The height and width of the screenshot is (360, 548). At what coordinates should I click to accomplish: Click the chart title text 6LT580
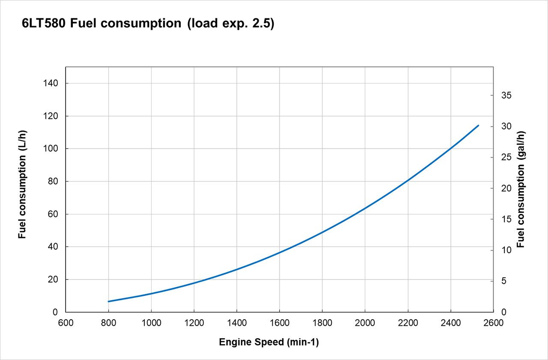(x=43, y=24)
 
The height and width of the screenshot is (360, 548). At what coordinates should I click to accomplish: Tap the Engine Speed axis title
(x=269, y=342)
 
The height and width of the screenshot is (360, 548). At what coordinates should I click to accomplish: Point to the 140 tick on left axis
(x=51, y=83)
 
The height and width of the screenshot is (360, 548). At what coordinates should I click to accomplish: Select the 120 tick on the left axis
(x=51, y=116)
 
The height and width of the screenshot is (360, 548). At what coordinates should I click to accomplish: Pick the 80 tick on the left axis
(x=52, y=181)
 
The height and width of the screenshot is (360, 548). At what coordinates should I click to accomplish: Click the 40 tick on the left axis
(x=52, y=247)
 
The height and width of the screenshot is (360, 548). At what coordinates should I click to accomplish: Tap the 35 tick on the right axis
(x=506, y=95)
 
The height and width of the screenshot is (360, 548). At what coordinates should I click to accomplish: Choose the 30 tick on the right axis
(x=506, y=126)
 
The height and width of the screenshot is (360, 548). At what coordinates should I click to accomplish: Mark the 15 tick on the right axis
(x=506, y=219)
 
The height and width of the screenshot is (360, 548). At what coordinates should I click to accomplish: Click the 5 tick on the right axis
(x=504, y=281)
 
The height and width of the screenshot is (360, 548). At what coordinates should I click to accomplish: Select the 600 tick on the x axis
(x=66, y=323)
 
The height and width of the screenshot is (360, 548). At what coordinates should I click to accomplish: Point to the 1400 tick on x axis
(x=237, y=323)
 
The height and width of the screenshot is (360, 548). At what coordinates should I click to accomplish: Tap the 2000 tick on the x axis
(x=365, y=323)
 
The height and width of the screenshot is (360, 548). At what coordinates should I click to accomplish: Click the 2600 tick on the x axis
(x=494, y=323)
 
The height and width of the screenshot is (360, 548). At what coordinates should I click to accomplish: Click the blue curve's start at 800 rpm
(x=109, y=301)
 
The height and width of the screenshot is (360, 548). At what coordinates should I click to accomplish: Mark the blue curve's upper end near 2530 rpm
(x=478, y=125)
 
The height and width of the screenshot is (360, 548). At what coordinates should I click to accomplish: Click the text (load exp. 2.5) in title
(x=230, y=24)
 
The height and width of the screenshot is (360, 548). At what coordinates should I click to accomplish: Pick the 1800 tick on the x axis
(x=322, y=323)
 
